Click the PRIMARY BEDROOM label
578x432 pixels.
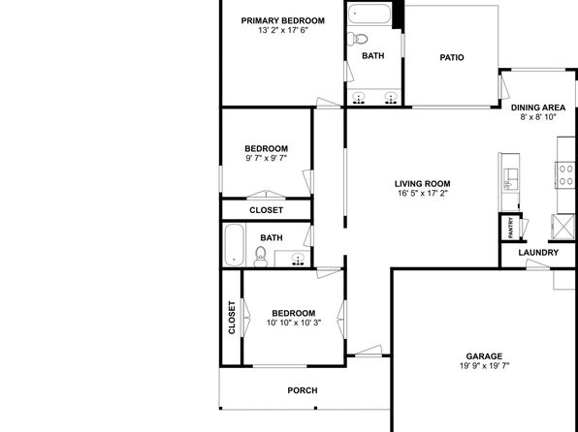283,20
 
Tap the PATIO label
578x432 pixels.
452,57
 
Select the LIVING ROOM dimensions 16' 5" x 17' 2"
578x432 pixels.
423,193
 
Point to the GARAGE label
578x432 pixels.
484,356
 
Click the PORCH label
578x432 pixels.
303,390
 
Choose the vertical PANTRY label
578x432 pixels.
510,228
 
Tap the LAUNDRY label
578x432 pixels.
538,253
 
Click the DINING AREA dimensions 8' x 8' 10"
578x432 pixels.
538,117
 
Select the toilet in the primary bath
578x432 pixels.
358,38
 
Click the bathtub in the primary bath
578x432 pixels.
369,14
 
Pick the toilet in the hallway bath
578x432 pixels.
261,257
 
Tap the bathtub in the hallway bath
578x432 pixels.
235,244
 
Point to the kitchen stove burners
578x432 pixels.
565,175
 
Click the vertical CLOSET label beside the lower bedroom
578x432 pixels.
232,318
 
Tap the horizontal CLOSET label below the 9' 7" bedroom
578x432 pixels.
266,210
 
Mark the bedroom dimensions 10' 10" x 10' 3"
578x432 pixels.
294,323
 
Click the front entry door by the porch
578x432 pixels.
369,352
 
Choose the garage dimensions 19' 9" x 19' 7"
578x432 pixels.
484,366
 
